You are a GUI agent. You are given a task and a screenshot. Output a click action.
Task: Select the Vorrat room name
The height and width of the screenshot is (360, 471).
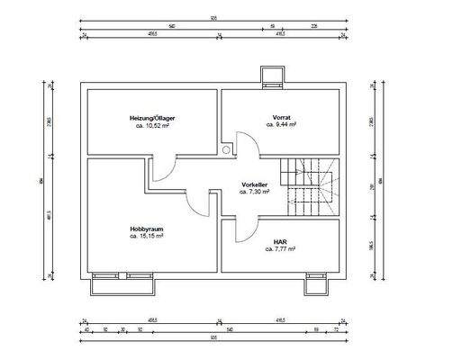pos(281,118)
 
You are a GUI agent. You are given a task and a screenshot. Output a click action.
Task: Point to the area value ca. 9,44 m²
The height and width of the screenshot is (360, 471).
pos(281,127)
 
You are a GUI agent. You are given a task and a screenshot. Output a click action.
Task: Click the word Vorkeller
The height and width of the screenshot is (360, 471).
pos(255,184)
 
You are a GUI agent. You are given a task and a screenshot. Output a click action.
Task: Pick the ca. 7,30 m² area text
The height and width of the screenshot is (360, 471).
pos(255,193)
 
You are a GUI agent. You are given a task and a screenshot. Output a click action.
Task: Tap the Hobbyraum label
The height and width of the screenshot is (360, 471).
pos(146,229)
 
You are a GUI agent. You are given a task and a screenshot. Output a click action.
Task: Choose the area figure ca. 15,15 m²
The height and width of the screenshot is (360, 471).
pos(146,238)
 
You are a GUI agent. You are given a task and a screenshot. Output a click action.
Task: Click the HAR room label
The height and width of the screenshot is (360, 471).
pos(280,241)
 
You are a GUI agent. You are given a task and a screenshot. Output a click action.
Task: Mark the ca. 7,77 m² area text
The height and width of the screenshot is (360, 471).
pos(280,249)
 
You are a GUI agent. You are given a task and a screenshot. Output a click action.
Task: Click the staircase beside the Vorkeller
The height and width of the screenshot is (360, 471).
pos(311,184)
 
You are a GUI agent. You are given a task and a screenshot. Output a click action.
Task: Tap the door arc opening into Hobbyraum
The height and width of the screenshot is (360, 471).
pos(198,203)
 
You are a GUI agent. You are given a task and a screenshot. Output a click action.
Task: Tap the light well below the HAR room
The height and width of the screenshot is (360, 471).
pos(317,285)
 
